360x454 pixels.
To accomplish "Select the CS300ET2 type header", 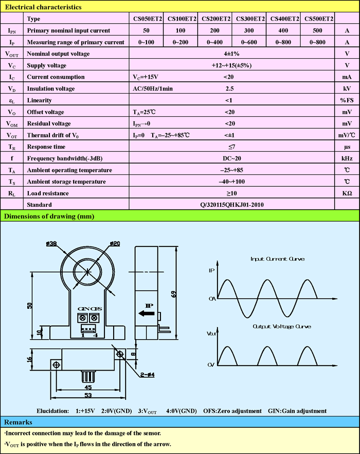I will click(x=250, y=19).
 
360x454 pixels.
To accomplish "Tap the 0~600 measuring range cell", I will click(x=250, y=42).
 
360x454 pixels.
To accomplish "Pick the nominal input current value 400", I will click(x=284, y=31).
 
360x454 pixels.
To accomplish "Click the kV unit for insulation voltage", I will click(x=347, y=89).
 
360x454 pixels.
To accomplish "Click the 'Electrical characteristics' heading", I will click(x=43, y=7).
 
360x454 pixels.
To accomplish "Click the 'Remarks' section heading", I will click(x=20, y=422).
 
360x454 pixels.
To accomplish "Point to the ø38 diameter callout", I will click(x=51, y=243).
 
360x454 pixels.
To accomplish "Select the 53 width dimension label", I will click(x=89, y=395).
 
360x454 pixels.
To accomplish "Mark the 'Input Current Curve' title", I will click(x=277, y=259).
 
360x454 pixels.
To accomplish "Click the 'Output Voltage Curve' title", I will click(x=281, y=326).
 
